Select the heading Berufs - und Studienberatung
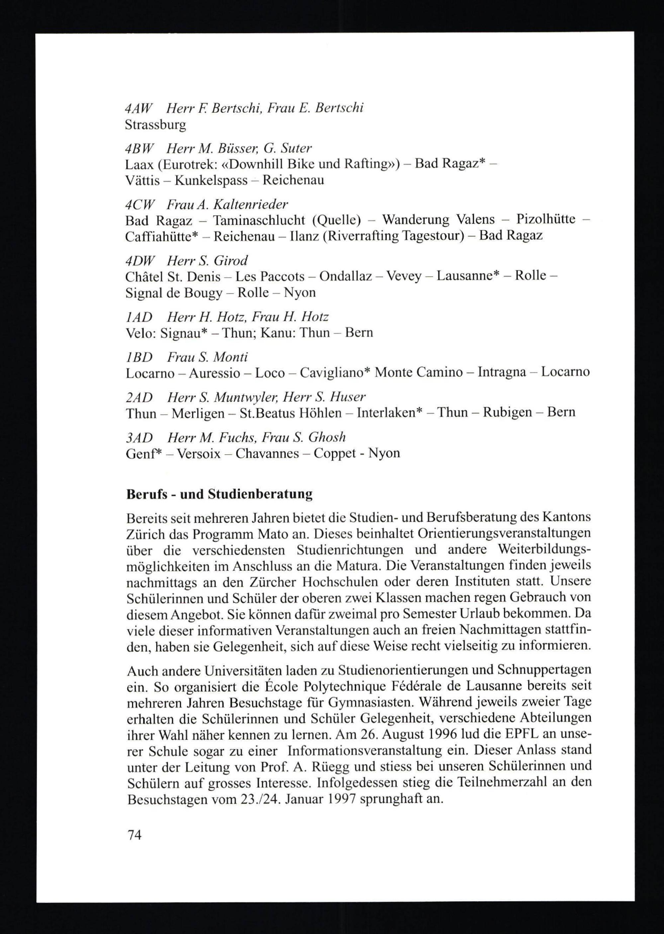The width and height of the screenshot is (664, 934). tap(219, 494)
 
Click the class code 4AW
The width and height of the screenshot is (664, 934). tap(138, 108)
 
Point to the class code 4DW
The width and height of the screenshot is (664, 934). tap(138, 260)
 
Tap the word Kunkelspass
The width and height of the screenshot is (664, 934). tap(211, 180)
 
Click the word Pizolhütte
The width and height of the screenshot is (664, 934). tap(545, 219)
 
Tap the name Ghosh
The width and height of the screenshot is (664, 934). tap(327, 437)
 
